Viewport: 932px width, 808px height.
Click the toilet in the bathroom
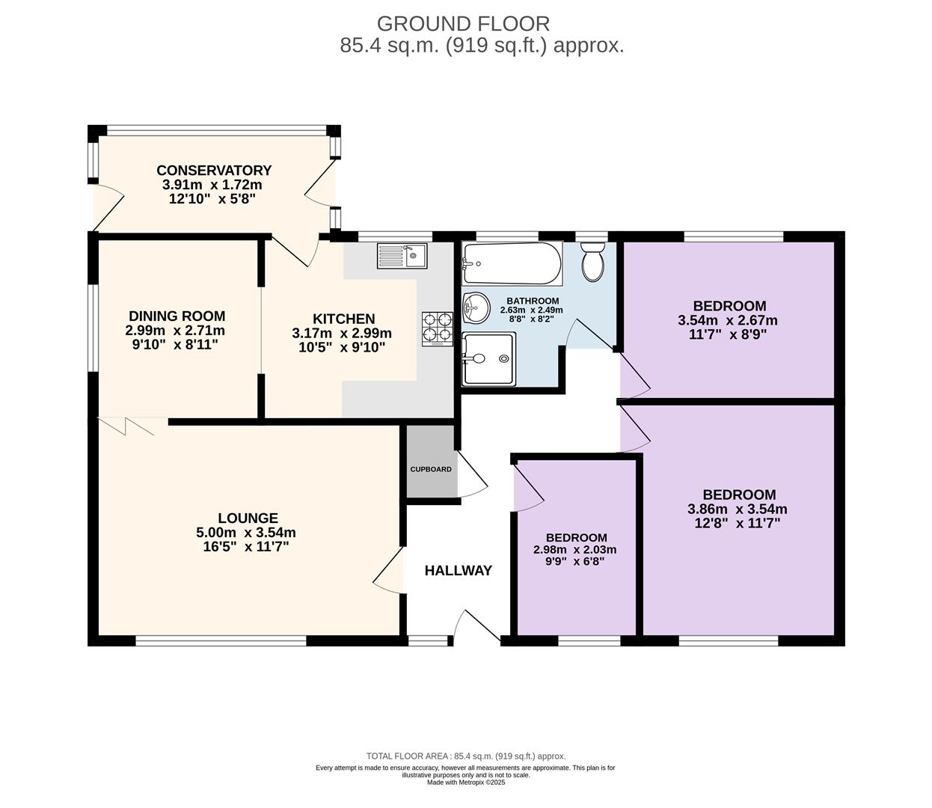[x=593, y=262]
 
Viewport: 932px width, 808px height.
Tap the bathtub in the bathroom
[x=512, y=264]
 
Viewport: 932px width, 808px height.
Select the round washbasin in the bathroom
[x=476, y=308]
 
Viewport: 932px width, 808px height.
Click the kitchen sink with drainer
[x=402, y=256]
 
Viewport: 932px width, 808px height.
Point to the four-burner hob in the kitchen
[x=438, y=329]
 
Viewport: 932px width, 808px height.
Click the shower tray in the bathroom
[x=488, y=359]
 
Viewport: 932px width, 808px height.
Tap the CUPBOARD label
[x=431, y=469]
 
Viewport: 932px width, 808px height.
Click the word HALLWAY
[x=458, y=571]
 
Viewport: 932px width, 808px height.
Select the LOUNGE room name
[x=248, y=518]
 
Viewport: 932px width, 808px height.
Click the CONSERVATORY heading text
[x=214, y=171]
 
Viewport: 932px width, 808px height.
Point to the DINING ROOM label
[x=177, y=316]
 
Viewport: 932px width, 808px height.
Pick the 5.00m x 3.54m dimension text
[x=246, y=533]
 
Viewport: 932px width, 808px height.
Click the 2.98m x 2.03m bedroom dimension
[x=575, y=550]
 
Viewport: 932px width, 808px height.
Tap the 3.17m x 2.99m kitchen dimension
[x=342, y=333]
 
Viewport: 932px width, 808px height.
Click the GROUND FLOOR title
[x=463, y=24]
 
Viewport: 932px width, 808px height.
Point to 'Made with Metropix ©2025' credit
[x=466, y=783]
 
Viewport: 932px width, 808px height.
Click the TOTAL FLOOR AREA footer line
[x=466, y=756]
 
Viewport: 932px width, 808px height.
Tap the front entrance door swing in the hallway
[x=477, y=625]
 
